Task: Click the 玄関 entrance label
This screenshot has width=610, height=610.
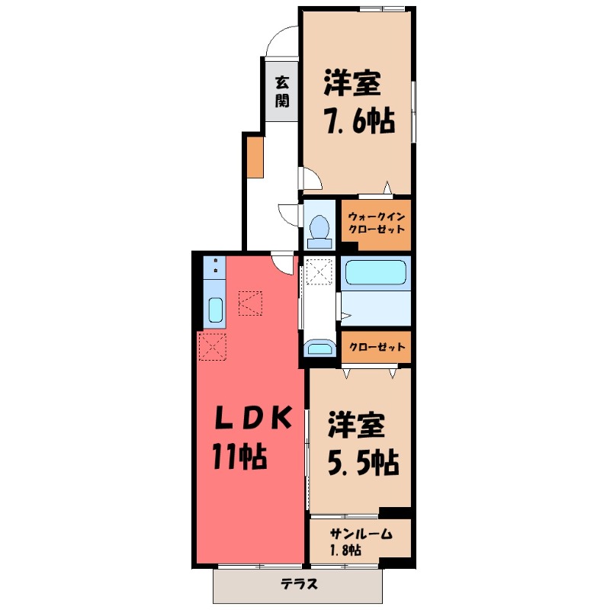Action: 282,90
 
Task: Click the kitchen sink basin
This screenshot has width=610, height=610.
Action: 215,310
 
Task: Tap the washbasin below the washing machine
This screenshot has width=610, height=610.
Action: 319,349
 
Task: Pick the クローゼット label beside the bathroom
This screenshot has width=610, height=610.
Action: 376,348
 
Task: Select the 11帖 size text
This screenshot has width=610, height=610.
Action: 239,457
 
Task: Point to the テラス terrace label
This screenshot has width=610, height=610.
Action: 299,585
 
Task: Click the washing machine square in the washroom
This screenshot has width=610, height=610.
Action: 319,271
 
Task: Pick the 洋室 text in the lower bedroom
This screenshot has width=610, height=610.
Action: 355,425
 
